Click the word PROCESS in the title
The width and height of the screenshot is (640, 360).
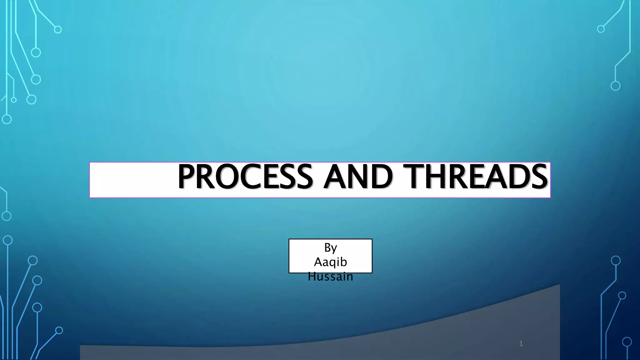(x=245, y=177)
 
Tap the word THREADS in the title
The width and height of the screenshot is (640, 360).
(x=475, y=177)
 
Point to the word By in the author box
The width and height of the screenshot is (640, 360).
(x=331, y=248)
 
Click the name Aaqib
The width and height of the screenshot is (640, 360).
(x=331, y=262)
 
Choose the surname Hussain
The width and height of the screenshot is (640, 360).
(x=331, y=277)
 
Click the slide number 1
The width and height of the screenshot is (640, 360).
(x=521, y=344)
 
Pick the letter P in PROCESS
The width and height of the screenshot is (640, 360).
(x=187, y=177)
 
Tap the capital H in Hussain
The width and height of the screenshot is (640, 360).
(x=312, y=277)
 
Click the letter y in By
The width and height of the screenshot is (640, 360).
(x=334, y=249)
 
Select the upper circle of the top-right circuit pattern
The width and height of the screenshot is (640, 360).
(x=601, y=29)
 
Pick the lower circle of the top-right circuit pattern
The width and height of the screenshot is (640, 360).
(x=615, y=86)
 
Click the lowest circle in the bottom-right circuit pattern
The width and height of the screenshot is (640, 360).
(x=627, y=342)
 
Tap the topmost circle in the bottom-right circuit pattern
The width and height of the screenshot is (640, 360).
(x=616, y=260)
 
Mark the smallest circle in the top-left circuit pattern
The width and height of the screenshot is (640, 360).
(x=13, y=100)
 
